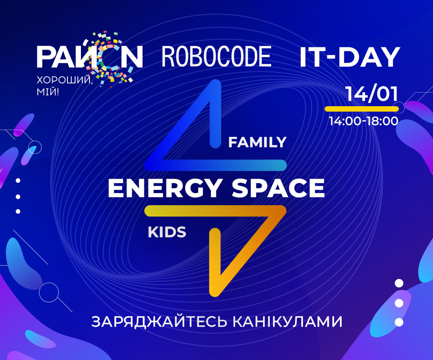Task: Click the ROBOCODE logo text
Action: (x=217, y=57)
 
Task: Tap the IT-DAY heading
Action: (x=350, y=57)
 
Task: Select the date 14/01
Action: (x=372, y=94)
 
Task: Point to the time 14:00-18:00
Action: (x=363, y=121)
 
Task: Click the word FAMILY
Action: (x=257, y=142)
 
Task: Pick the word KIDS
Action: (x=167, y=232)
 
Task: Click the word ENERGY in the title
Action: (x=164, y=188)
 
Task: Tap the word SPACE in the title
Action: (x=278, y=188)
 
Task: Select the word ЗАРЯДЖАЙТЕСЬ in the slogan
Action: (x=159, y=322)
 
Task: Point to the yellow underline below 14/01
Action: (x=362, y=109)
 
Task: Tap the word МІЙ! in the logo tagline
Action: (x=48, y=92)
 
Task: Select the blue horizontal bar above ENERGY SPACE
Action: (x=216, y=165)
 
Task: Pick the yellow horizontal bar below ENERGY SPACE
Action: (x=215, y=211)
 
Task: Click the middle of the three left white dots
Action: (x=18, y=197)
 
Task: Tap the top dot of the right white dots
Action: (x=399, y=283)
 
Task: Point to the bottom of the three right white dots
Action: (x=399, y=322)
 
